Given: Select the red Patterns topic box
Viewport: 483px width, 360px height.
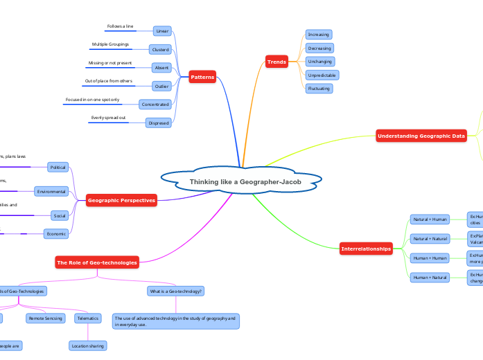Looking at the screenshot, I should pyautogui.click(x=202, y=77).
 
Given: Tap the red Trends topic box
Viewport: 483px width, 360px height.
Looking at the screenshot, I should pyautogui.click(x=276, y=62).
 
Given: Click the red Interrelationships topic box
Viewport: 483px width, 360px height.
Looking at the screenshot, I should pyautogui.click(x=366, y=249).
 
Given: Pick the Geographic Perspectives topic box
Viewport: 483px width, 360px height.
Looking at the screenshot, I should pyautogui.click(x=121, y=201).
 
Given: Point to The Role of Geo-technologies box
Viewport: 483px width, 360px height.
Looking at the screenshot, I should pyautogui.click(x=97, y=262).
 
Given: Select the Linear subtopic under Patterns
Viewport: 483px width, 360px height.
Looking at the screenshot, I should pyautogui.click(x=162, y=31).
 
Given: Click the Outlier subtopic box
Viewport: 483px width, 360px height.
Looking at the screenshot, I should pyautogui.click(x=161, y=87).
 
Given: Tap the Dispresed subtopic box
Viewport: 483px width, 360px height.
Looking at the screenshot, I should pyautogui.click(x=157, y=123).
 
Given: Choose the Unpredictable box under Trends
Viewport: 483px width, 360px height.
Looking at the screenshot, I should pyautogui.click(x=322, y=75).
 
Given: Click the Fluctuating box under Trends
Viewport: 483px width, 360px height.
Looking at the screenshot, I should pyautogui.click(x=319, y=89).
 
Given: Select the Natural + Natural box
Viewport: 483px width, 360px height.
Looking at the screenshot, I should pyautogui.click(x=430, y=239).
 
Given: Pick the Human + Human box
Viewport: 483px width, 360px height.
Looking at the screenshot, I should pyautogui.click(x=430, y=258).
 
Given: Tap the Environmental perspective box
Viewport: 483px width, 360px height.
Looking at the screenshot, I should pyautogui.click(x=51, y=191).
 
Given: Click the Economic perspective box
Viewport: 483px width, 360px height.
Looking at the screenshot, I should pyautogui.click(x=57, y=234).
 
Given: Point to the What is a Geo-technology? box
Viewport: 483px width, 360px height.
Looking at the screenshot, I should pyautogui.click(x=175, y=291).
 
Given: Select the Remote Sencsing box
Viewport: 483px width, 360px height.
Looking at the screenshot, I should pyautogui.click(x=46, y=318).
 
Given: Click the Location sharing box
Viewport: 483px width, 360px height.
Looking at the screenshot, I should pyautogui.click(x=88, y=345).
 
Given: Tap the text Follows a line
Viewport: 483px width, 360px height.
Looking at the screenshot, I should pyautogui.click(x=120, y=26).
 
